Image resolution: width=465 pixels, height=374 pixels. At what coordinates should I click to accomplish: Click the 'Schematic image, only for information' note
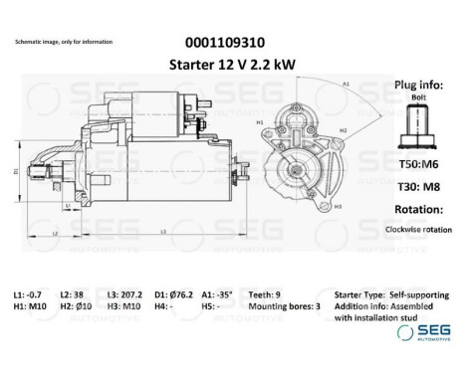(x=63, y=42)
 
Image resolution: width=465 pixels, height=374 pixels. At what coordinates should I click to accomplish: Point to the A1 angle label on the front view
(x=346, y=86)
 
